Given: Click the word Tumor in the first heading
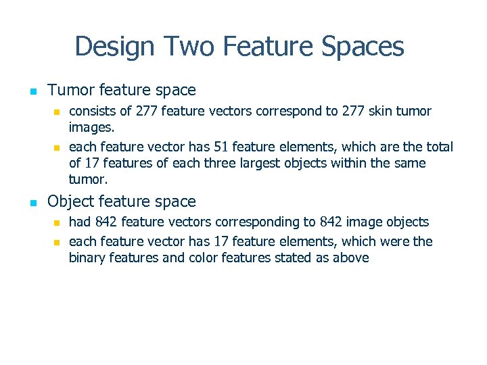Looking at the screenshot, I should coord(70,90).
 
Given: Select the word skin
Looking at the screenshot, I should coord(381,111).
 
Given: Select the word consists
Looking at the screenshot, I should coord(91,111).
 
